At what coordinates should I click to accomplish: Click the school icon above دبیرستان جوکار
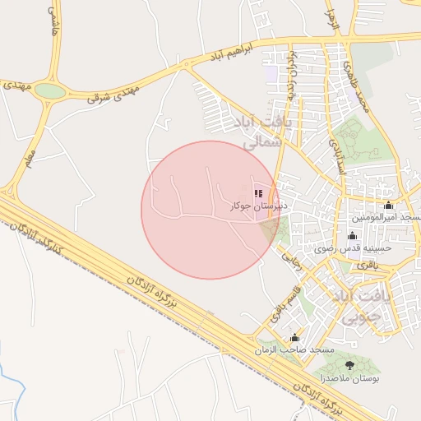(257, 194)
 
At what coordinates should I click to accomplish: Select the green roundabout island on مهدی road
(50, 91)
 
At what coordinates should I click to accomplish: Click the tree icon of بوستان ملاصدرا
(351, 364)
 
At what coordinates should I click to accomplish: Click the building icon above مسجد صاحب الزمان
(294, 338)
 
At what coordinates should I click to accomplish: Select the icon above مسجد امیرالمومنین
(388, 206)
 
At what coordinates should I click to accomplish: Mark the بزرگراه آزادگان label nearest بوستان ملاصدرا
(325, 394)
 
